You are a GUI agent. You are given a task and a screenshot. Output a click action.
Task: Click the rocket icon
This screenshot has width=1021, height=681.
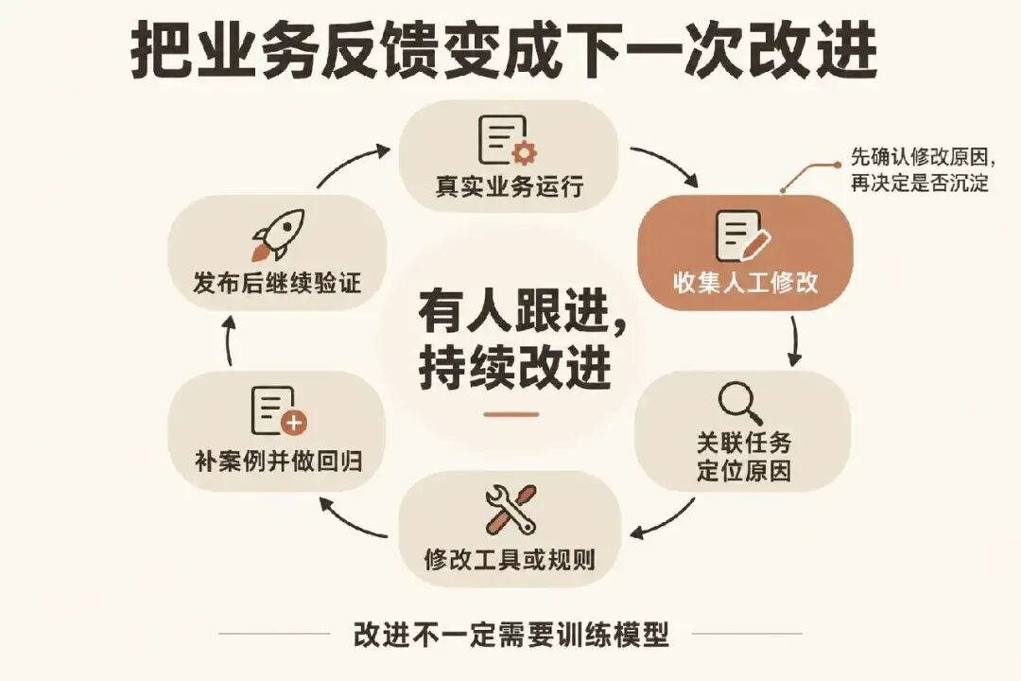coord(278,235)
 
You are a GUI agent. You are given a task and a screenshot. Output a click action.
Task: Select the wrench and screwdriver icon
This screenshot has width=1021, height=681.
coord(510,509)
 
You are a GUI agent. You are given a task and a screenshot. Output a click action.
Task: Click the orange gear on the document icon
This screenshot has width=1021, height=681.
coord(524,153)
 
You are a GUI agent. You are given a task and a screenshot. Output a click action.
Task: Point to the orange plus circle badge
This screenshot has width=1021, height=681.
coord(294,423)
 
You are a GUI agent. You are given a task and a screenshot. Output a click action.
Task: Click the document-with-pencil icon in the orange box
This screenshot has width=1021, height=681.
coord(742,236)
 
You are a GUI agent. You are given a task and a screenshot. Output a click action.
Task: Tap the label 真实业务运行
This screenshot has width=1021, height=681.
coord(510,187)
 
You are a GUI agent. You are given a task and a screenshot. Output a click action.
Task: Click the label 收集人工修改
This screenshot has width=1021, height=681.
coord(745,283)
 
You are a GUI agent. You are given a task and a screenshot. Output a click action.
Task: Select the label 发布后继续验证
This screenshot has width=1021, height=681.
coord(277,283)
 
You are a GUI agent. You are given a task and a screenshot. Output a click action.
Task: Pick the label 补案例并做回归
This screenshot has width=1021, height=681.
coord(278,462)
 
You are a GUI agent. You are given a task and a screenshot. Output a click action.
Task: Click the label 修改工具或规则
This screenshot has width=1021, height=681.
coord(510,559)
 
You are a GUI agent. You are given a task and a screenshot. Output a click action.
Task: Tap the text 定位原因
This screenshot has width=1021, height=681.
coord(744,470)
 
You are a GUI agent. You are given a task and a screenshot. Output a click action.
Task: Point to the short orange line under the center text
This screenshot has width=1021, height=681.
coord(511,414)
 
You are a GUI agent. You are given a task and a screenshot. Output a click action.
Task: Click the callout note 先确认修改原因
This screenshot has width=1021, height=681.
coord(919,157)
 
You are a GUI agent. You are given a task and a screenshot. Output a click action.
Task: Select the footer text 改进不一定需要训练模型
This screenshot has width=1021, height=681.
coord(511,634)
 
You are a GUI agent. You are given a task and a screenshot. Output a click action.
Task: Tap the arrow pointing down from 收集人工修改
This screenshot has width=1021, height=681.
coord(794,340)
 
